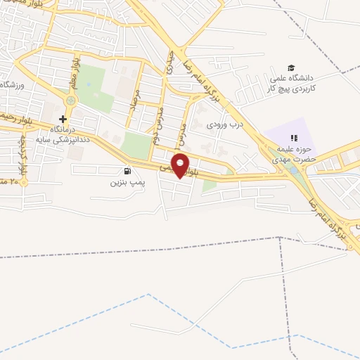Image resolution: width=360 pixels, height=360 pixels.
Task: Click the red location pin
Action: pos(181,165)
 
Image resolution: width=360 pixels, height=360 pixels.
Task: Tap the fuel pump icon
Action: pos(127,171)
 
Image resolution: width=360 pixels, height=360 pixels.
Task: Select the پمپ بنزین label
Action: pos(127,183)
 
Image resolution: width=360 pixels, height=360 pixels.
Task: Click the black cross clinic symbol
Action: pos(63,119)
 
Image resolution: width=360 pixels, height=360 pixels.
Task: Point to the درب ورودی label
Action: pos(224,125)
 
